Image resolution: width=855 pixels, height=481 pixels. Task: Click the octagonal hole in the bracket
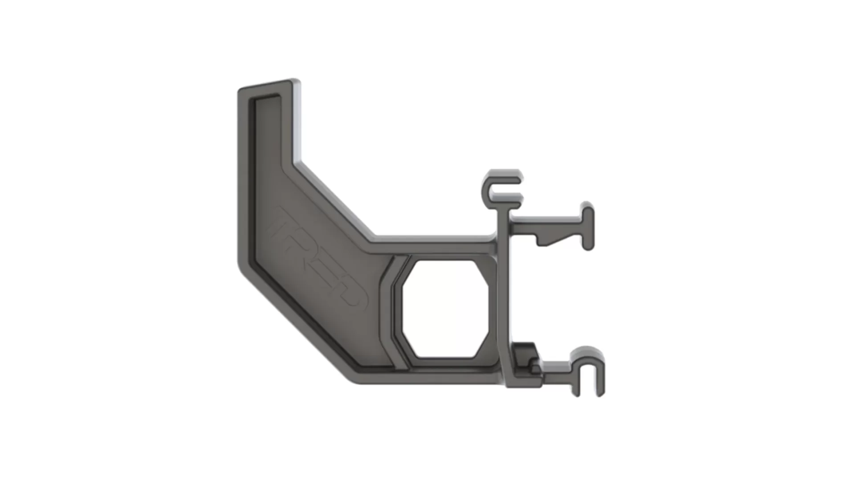click(445, 308)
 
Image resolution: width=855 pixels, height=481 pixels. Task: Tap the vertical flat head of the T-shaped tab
click(588, 226)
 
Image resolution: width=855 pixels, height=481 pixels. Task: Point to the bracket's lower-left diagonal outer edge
click(294, 325)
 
